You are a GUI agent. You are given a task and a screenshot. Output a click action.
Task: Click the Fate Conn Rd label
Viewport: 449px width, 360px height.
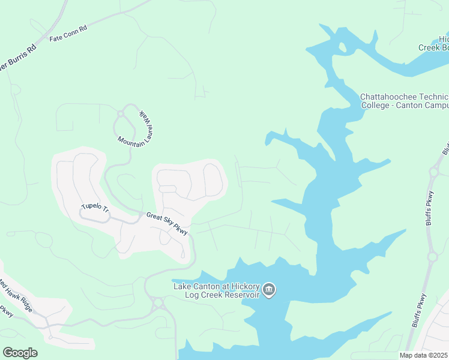point(68,37)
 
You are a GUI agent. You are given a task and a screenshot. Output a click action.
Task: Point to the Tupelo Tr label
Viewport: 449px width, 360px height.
point(95,207)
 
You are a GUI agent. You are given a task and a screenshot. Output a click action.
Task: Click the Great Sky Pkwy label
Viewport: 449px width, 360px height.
point(167,223)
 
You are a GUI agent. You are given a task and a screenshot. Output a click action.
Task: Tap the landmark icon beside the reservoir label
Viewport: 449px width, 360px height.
point(269,290)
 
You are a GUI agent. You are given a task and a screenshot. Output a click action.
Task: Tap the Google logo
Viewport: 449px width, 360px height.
point(20,352)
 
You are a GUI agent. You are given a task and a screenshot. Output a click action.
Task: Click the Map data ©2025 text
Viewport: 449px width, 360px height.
point(423,355)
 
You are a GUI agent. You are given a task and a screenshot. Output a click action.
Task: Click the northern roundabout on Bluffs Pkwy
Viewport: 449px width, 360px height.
point(432,173)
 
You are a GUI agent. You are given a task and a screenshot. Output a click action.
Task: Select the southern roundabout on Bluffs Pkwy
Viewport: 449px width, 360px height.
point(432,257)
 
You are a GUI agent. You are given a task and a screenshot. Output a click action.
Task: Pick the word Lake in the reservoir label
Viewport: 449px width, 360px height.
point(183,286)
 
